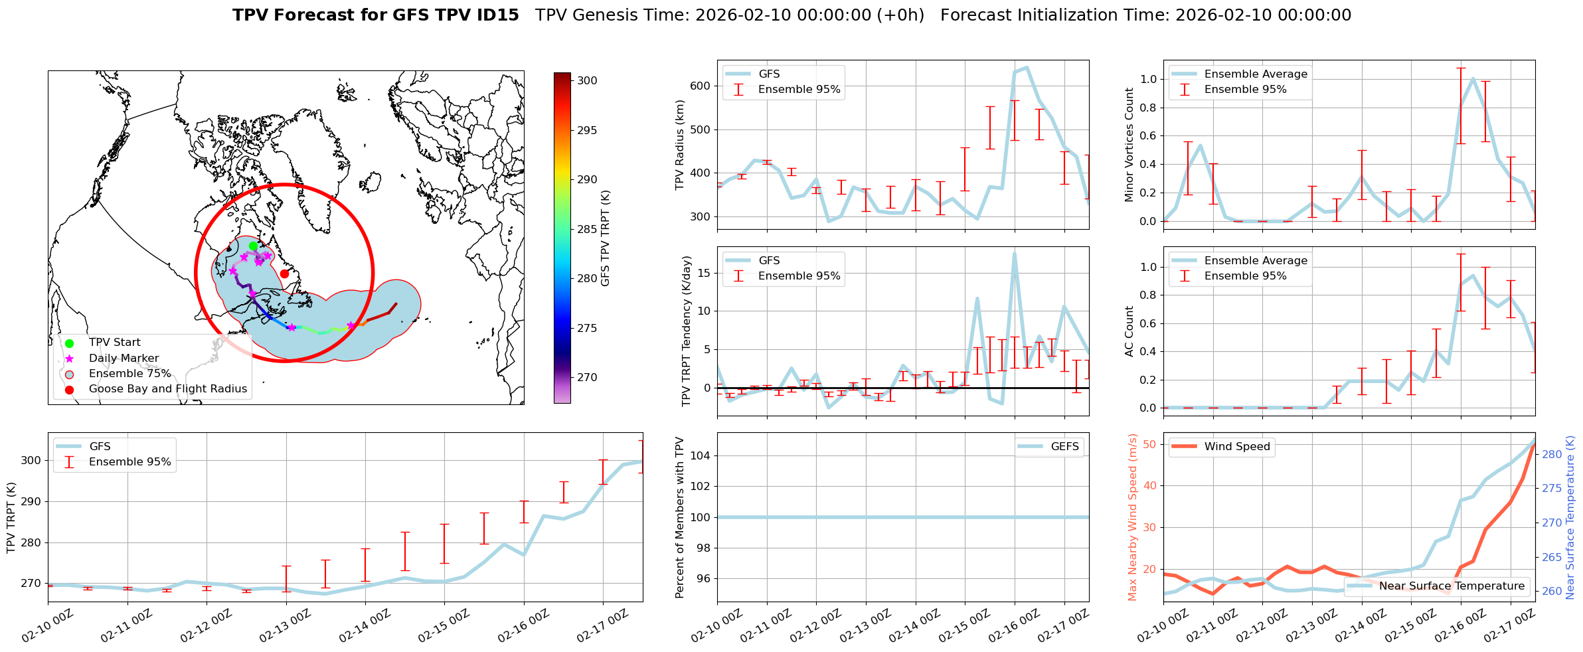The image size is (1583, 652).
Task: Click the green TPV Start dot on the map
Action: pyautogui.click(x=253, y=246)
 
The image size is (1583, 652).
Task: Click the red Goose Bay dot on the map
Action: pyautogui.click(x=284, y=274)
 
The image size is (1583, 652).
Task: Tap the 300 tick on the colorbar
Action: pyautogui.click(x=587, y=80)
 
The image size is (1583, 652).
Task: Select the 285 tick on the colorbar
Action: pyautogui.click(x=587, y=229)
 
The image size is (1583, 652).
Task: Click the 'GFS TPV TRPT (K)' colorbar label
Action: pyautogui.click(x=605, y=238)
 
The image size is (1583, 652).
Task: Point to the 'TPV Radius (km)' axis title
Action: pyautogui.click(x=679, y=145)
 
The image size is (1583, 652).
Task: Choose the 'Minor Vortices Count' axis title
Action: pyautogui.click(x=1129, y=145)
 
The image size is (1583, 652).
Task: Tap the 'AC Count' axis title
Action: pyautogui.click(x=1129, y=331)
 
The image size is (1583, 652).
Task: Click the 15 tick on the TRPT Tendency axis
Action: pyautogui.click(x=705, y=273)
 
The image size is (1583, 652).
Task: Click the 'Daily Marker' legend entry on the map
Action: pyautogui.click(x=124, y=359)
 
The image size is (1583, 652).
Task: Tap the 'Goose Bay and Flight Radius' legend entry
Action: pyautogui.click(x=167, y=389)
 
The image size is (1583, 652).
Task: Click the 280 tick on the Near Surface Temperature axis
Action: pyautogui.click(x=1552, y=454)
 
